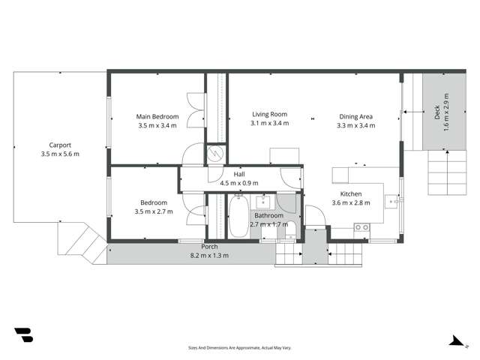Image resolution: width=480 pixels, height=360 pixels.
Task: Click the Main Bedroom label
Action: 157,116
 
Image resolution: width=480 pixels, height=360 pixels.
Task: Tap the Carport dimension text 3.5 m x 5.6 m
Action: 60,154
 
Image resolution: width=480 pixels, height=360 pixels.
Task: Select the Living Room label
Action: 269,115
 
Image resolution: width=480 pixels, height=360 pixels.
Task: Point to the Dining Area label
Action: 356,116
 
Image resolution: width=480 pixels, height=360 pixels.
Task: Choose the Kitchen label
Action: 340,193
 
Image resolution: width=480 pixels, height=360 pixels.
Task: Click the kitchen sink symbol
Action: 391,200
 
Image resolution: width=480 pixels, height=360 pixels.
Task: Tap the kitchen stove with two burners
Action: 361,226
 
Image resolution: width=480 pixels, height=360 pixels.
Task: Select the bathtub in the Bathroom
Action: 239,217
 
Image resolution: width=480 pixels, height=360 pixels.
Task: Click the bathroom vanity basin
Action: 264,202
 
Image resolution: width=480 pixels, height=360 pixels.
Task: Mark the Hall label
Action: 238,174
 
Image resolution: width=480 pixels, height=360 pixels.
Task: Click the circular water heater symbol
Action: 215,154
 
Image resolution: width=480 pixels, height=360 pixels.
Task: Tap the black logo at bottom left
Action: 23,335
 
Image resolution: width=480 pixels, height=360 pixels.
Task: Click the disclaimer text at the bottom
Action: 239,348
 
